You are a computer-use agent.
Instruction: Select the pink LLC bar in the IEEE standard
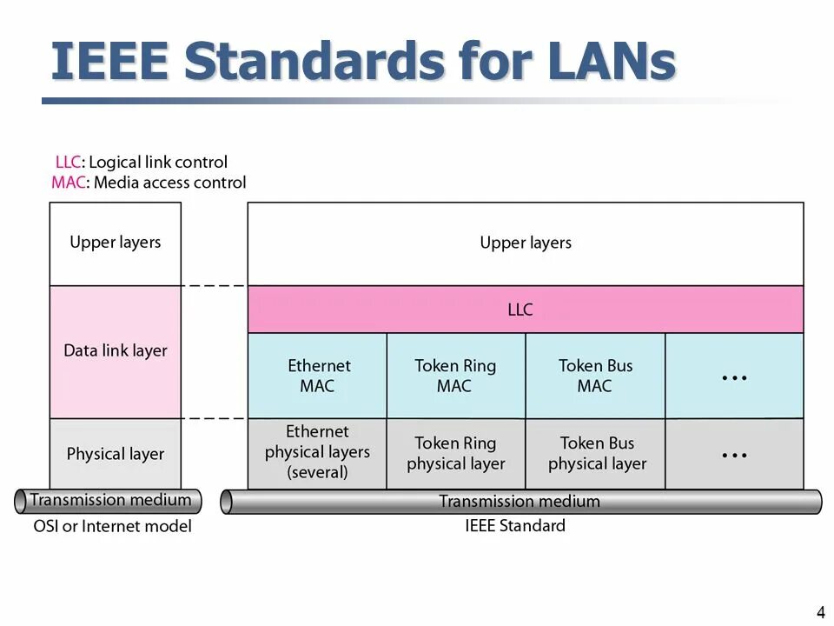(x=525, y=310)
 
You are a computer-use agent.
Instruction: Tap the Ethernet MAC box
(x=317, y=376)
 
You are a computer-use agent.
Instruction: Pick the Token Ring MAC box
(x=455, y=376)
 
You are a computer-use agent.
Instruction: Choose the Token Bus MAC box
(x=595, y=376)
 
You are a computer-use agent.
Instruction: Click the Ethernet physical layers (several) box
(x=317, y=452)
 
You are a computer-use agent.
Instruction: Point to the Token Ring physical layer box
(x=455, y=453)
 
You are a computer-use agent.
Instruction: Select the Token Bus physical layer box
(x=596, y=453)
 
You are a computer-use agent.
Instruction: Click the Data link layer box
(x=116, y=351)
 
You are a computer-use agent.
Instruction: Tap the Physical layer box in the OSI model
(x=116, y=454)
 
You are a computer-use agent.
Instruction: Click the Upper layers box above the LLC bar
(x=525, y=243)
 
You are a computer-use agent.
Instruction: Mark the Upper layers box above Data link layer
(x=116, y=243)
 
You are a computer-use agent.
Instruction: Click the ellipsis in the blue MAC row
(x=734, y=377)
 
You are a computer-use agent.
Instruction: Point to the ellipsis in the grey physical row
(x=734, y=455)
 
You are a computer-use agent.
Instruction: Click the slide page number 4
(x=821, y=611)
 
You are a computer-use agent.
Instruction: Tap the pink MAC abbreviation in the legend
(x=68, y=183)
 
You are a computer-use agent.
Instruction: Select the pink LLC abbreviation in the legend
(x=68, y=163)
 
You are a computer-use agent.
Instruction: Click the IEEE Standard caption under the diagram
(x=514, y=525)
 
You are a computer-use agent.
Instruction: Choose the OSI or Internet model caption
(x=112, y=526)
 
